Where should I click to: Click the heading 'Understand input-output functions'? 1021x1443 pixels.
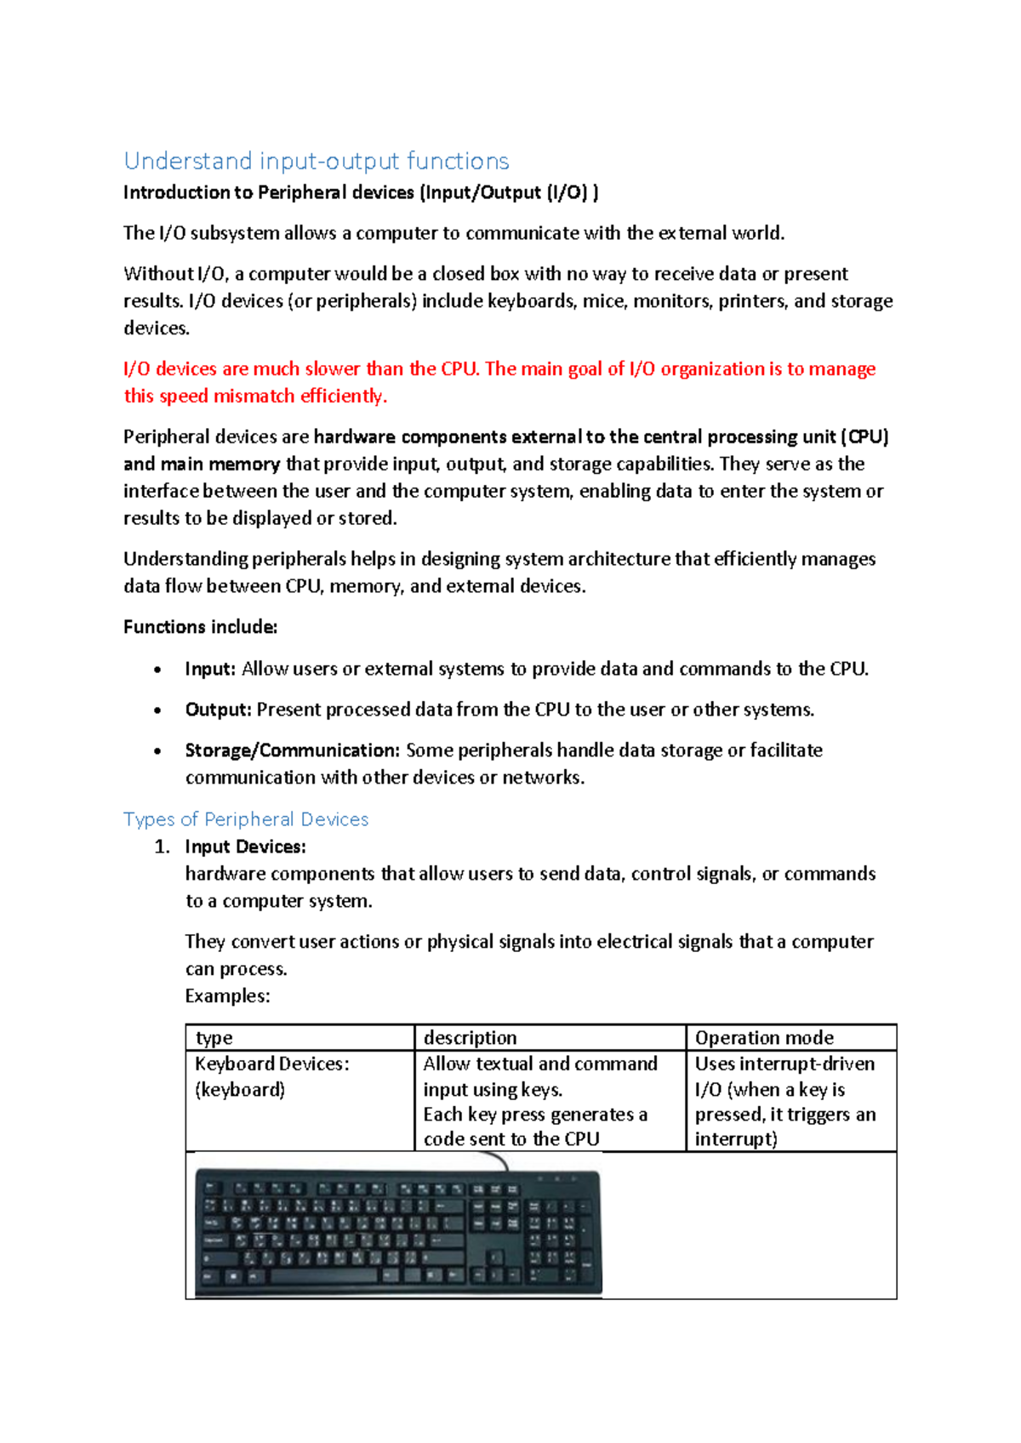coord(317,161)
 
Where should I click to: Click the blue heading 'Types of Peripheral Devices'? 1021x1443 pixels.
coord(246,819)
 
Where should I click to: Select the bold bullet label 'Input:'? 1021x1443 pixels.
coord(209,669)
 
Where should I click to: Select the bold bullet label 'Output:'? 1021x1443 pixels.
coord(218,710)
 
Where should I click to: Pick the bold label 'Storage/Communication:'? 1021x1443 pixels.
coord(292,750)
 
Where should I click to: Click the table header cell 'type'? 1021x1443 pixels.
coord(214,1038)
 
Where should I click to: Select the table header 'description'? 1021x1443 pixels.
coord(470,1038)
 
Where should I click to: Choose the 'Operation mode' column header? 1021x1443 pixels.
coord(764,1038)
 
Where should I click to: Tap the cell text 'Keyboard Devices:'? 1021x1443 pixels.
coord(271,1064)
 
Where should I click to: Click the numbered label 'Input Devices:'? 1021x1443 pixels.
coord(245,847)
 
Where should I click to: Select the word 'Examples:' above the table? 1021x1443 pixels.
coord(227,995)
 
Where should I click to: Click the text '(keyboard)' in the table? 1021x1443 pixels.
coord(239,1090)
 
